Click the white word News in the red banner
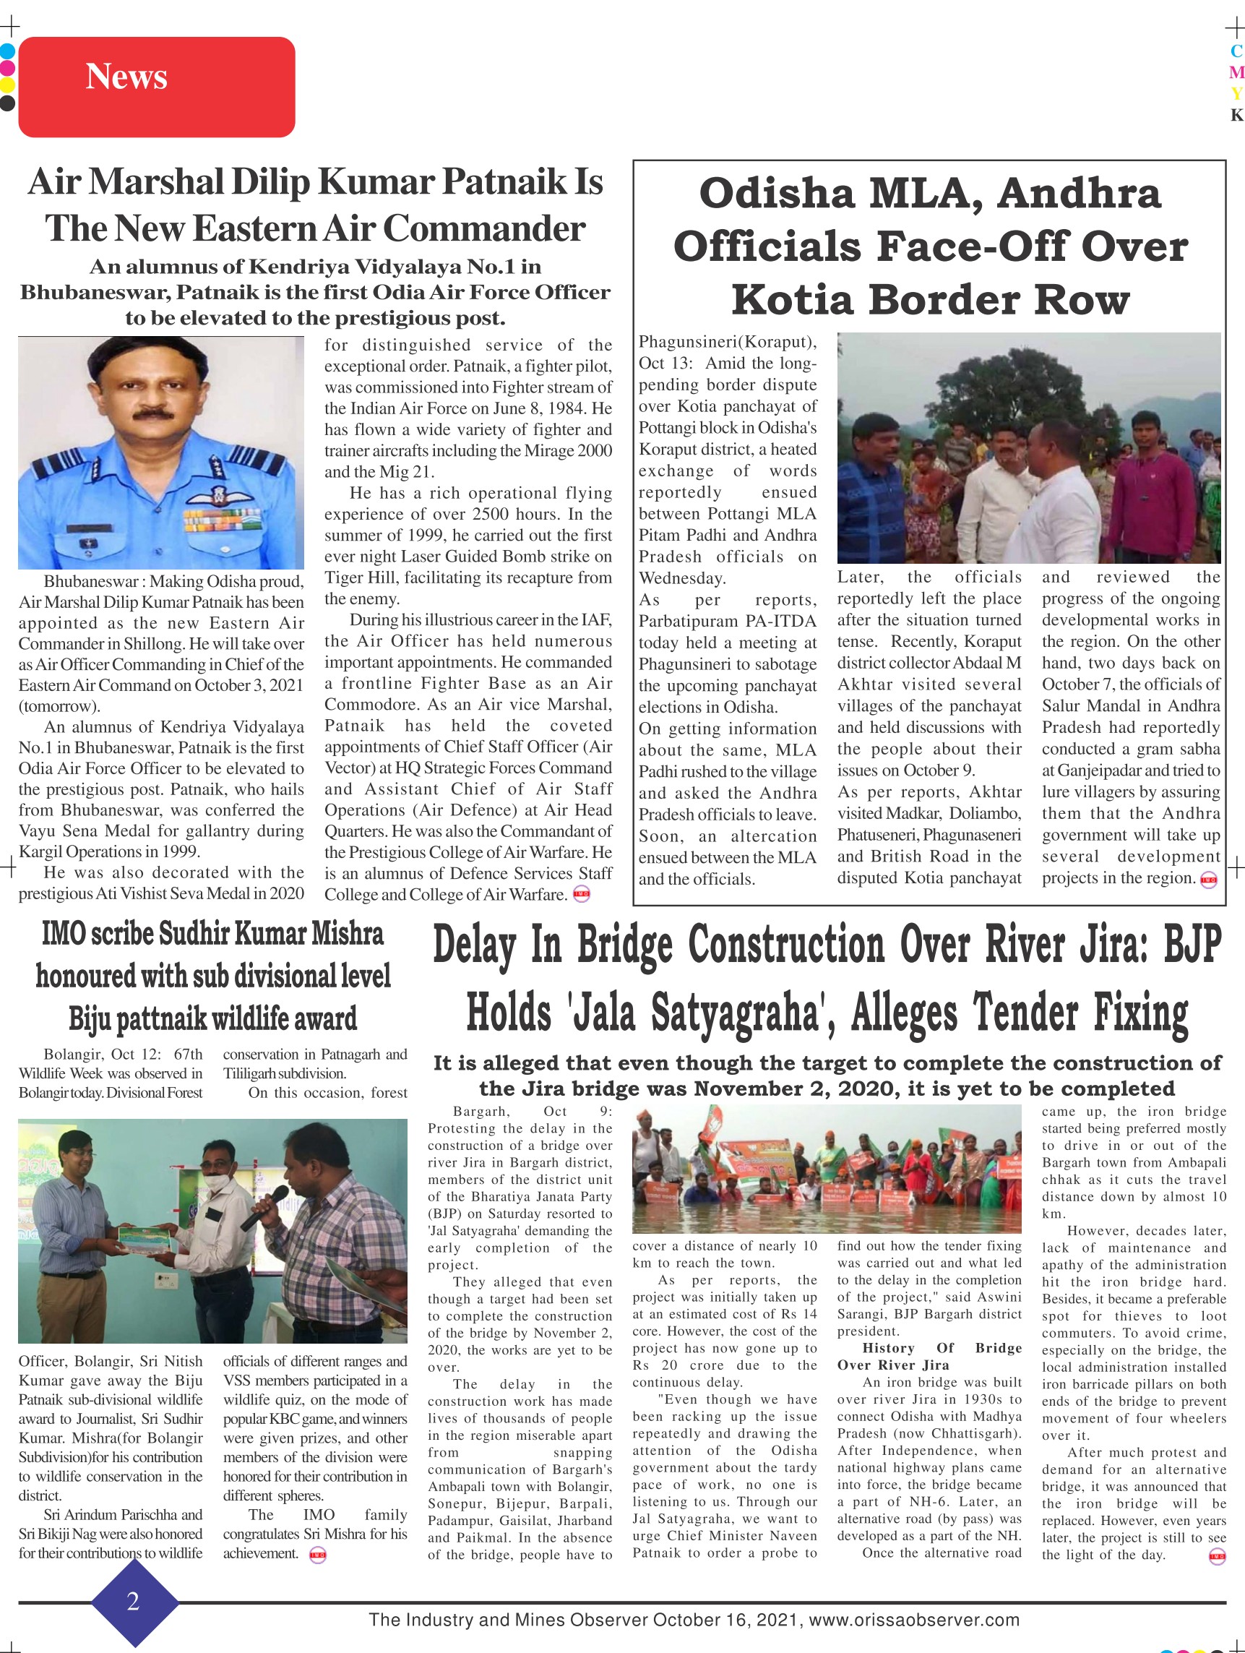[126, 76]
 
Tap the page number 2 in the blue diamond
[133, 1601]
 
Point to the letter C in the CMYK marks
[1236, 51]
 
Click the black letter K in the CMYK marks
[1236, 115]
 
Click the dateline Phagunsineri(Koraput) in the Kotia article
[727, 343]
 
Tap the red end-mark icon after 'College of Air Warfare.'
[581, 893]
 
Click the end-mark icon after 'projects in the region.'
[1208, 880]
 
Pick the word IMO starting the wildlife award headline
[62, 934]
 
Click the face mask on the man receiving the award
[215, 1183]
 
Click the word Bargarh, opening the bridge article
[481, 1111]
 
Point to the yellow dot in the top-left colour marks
[7, 84]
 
